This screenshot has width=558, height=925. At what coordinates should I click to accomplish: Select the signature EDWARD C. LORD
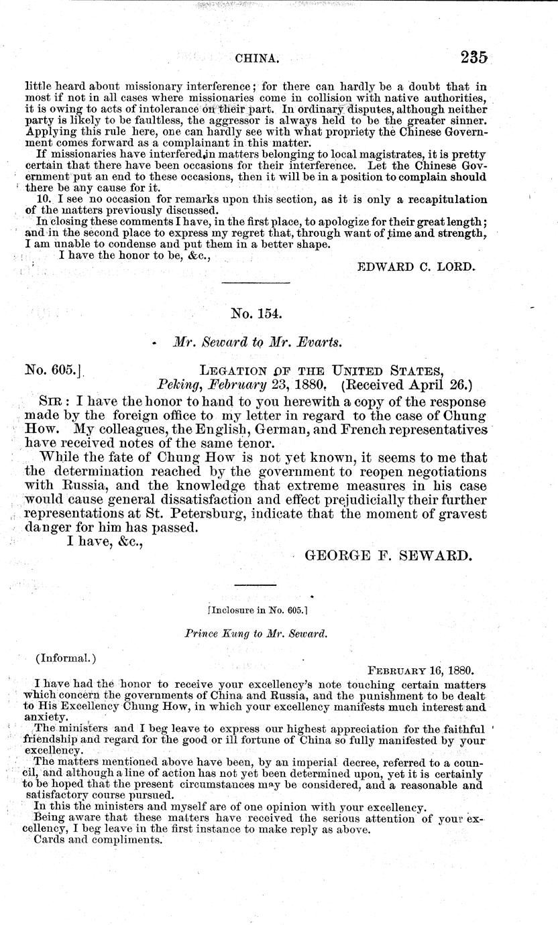coord(417,266)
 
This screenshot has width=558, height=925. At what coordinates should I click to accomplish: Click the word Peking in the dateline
coord(178,385)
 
